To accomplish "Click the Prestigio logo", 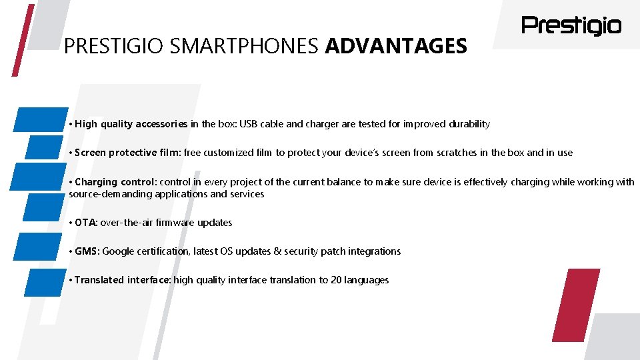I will pos(571,26).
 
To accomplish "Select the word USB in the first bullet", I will pos(248,124).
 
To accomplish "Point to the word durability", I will pos(469,124).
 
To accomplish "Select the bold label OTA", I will pos(86,223).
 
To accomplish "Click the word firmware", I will pos(176,223).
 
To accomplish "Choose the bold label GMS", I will pos(87,251).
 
